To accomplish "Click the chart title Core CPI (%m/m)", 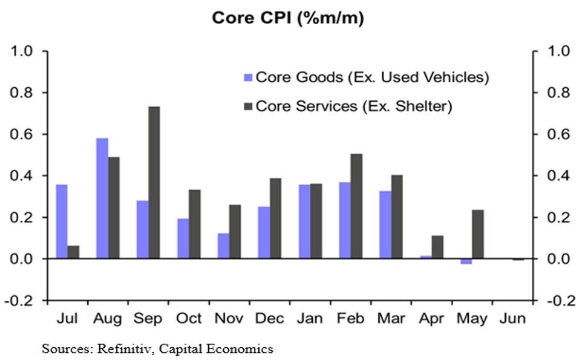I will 287,19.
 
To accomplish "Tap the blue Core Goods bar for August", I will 102,198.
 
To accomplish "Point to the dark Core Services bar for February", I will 356,206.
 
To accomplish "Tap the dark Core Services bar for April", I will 437,247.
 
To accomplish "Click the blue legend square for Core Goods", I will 247,77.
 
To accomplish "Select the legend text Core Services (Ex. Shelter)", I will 354,106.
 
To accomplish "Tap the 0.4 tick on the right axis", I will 558,176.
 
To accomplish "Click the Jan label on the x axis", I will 310,318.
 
